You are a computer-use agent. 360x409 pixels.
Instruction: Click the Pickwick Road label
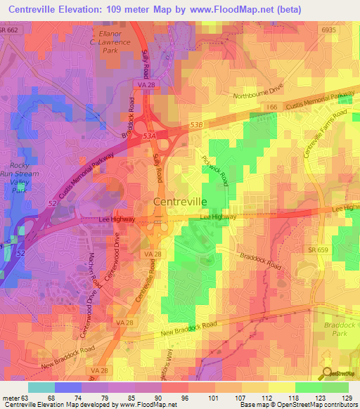point(214,169)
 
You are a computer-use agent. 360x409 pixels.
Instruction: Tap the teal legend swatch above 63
point(41,387)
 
